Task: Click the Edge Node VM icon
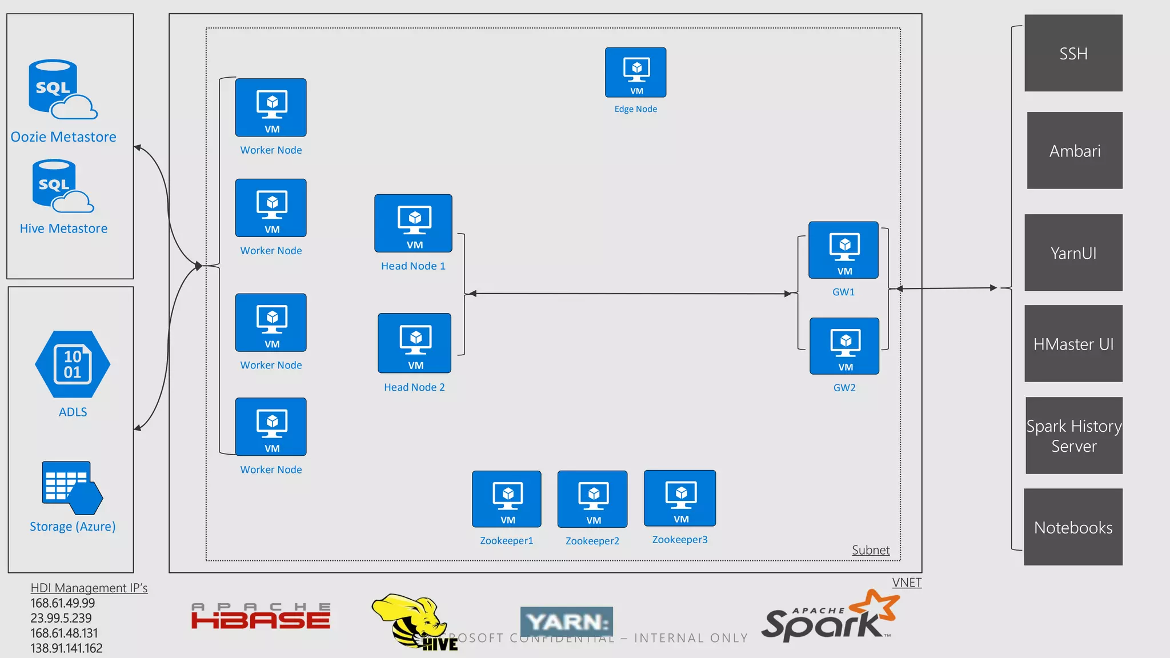point(635,73)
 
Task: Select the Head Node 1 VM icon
point(413,223)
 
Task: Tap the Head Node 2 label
point(414,387)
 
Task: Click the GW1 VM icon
point(843,250)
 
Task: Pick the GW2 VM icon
point(844,346)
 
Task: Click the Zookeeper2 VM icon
point(592,499)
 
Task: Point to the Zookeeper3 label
point(680,540)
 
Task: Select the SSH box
point(1073,53)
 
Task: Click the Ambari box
point(1075,150)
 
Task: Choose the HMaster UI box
point(1073,344)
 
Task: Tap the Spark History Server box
point(1074,436)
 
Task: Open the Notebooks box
point(1073,527)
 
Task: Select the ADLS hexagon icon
point(73,364)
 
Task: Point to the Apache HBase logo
point(261,616)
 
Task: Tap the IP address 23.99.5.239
point(61,618)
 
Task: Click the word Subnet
point(870,550)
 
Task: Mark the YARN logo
point(566,621)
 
